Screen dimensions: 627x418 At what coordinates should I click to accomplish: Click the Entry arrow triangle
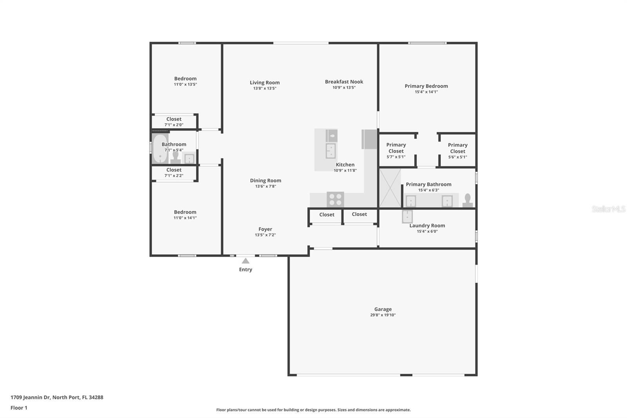point(245,261)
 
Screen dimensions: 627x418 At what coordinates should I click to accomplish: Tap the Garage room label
point(383,309)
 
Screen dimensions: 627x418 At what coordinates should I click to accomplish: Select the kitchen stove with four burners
point(335,200)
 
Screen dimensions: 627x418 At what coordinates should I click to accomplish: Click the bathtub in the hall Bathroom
point(160,149)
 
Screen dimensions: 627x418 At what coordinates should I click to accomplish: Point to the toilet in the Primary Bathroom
point(468,200)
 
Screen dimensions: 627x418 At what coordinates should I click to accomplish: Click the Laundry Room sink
point(407,216)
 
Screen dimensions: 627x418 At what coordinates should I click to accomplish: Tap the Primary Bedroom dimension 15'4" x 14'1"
point(426,92)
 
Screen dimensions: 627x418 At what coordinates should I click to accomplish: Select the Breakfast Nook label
point(344,82)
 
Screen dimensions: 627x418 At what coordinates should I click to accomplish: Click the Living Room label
point(265,83)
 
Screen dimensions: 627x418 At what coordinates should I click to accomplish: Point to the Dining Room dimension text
point(266,186)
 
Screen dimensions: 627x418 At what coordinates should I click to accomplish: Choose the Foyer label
point(265,229)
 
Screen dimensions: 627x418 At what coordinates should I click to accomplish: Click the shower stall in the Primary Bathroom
point(390,188)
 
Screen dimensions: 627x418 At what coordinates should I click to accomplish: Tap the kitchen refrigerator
point(369,139)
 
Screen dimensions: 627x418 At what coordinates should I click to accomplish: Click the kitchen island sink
point(331,151)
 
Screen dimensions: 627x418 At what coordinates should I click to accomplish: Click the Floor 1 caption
point(19,408)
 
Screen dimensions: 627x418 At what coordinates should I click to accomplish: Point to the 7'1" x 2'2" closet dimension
point(174,176)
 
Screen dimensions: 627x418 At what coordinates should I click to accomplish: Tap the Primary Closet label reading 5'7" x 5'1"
point(396,157)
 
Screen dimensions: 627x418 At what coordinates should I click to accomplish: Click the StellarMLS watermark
point(608,209)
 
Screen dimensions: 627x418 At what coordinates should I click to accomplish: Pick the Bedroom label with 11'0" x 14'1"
point(185,212)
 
